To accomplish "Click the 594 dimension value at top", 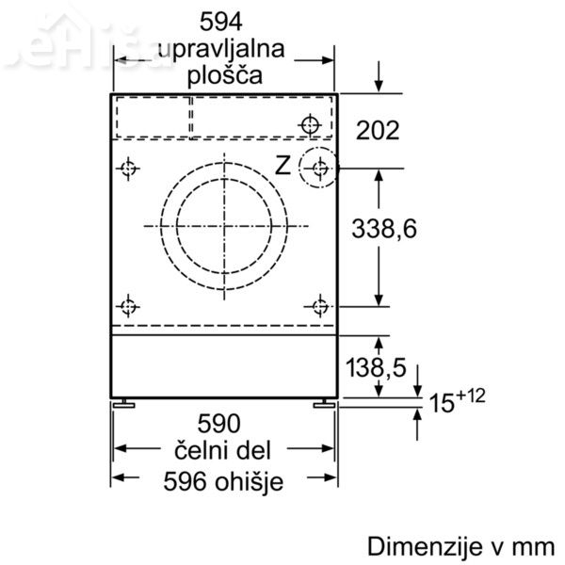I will click(223, 20).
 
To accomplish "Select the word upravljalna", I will click(223, 47).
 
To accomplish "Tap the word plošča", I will click(223, 74).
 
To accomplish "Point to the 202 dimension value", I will click(378, 130).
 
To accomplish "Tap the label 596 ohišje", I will click(223, 481).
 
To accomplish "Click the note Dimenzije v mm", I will click(462, 546).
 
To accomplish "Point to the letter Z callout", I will click(282, 166).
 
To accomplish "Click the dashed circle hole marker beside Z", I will click(319, 169).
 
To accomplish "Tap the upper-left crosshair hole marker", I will click(128, 169).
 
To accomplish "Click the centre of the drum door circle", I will click(226, 225).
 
